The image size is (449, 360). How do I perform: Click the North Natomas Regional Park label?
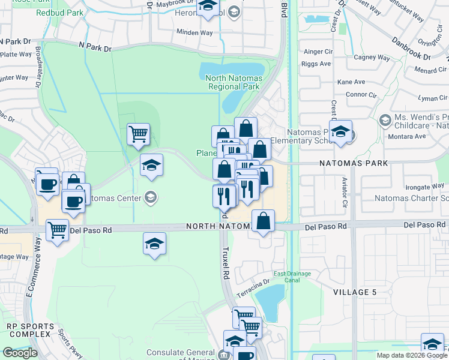pyautogui.click(x=232, y=82)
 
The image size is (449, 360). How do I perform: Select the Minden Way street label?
pyautogui.click(x=194, y=33)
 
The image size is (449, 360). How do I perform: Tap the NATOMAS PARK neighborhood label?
pyautogui.click(x=353, y=163)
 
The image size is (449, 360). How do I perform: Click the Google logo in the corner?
pyautogui.click(x=20, y=353)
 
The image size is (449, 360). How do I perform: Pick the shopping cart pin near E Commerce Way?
pyautogui.click(x=57, y=229)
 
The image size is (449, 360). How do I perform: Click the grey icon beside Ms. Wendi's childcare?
pyautogui.click(x=385, y=121)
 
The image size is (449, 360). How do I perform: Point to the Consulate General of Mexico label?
pyautogui.click(x=180, y=353)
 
